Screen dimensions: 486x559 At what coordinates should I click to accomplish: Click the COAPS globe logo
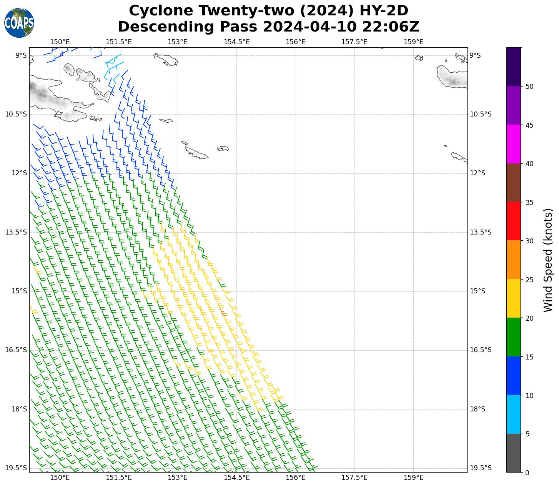[19, 23]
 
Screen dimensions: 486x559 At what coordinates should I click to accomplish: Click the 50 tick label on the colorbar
[529, 87]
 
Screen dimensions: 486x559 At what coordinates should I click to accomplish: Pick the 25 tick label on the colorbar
[529, 280]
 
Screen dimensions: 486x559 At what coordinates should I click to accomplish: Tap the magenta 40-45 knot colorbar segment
[514, 144]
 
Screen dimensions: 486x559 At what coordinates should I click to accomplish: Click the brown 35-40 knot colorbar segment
[514, 183]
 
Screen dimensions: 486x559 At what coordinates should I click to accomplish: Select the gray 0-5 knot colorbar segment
[514, 453]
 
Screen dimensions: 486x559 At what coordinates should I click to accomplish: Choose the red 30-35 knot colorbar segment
[514, 221]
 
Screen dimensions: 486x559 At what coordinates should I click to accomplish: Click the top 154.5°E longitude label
[236, 42]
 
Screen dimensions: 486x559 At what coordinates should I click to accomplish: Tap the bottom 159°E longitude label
[414, 478]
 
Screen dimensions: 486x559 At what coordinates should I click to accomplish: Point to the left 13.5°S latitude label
[16, 232]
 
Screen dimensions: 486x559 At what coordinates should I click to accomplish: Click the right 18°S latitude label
[478, 409]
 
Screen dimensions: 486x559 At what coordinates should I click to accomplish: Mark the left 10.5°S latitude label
[16, 114]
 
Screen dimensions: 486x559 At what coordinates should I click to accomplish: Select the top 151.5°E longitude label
[119, 42]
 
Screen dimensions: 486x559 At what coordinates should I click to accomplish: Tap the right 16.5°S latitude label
[481, 350]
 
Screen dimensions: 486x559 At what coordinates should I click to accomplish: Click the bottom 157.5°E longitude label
[354, 478]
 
